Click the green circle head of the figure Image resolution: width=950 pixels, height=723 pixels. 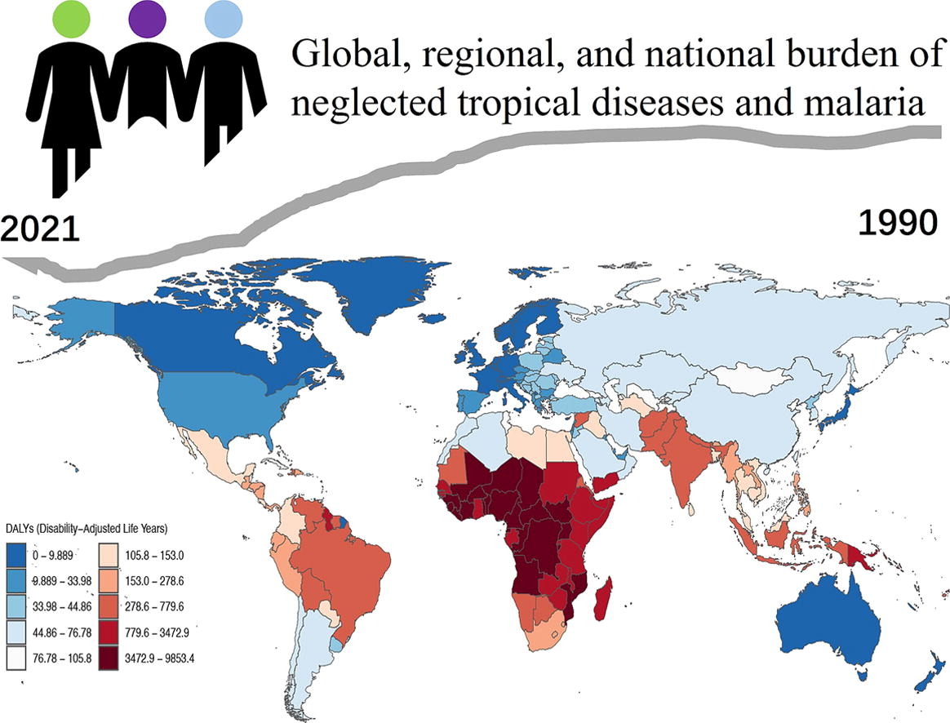(x=72, y=19)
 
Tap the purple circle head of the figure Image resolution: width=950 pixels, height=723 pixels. (x=148, y=19)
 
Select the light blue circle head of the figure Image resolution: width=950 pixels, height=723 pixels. (x=224, y=19)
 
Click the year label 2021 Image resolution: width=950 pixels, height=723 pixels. (x=40, y=229)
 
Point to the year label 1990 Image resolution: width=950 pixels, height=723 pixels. (x=898, y=223)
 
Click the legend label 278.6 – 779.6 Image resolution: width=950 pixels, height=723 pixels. (x=154, y=607)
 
